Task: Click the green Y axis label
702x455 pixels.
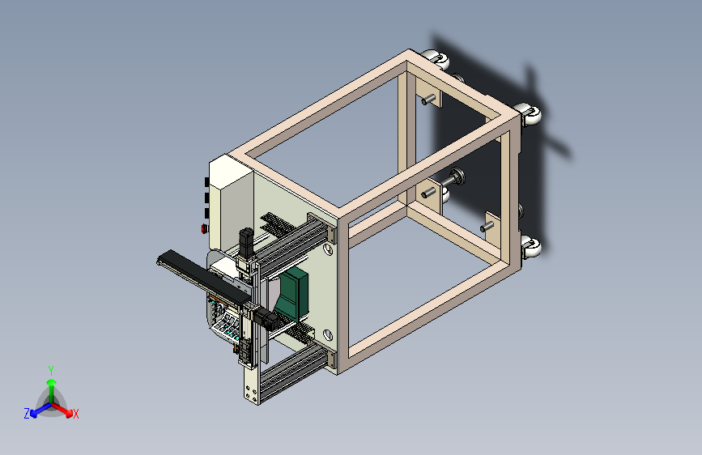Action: click(51, 371)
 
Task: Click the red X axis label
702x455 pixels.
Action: click(75, 414)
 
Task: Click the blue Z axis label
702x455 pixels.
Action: click(27, 414)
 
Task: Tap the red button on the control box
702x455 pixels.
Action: click(204, 229)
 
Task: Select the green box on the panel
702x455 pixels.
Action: click(291, 294)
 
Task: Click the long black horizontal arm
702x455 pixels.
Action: click(204, 276)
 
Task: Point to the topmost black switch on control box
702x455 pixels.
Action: click(206, 182)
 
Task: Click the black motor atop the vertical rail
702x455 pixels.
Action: click(246, 242)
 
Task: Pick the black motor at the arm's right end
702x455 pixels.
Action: click(267, 320)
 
